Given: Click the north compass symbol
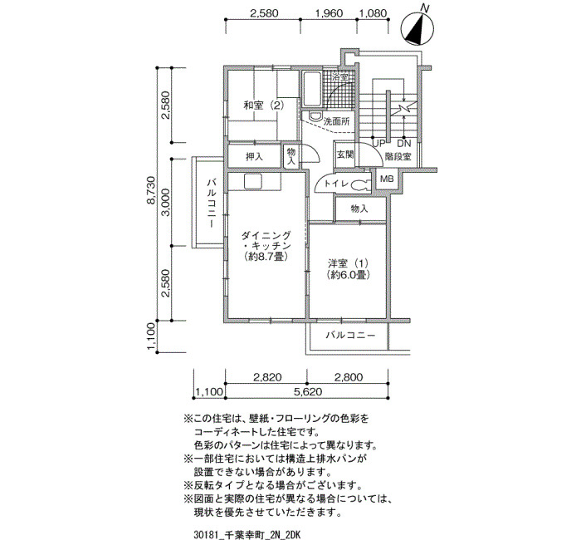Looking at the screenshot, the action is coord(418,27).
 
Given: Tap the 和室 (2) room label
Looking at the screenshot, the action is coord(263,106).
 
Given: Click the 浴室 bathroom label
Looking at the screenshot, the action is coord(339,77).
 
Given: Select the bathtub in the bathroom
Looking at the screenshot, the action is coord(312,89).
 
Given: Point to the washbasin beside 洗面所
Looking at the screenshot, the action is coord(315,116).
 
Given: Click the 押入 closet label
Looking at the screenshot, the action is coord(254,156).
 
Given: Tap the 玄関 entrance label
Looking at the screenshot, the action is coord(345,155).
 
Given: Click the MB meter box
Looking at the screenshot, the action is coord(387,179).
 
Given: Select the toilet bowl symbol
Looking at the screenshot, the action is coord(359,184).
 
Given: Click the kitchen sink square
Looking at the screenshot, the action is coord(253,182).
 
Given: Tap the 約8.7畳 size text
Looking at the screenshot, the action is coord(266,256).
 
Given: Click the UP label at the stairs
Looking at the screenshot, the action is coord(378,144).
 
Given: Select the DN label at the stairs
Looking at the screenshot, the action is coord(404,144).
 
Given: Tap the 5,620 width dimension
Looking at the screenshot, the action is coord(307,391).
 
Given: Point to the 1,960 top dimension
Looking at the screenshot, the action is coord(329,13).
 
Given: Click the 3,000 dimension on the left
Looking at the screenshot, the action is coord(166,203).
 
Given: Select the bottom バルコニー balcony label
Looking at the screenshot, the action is coord(350,336).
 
